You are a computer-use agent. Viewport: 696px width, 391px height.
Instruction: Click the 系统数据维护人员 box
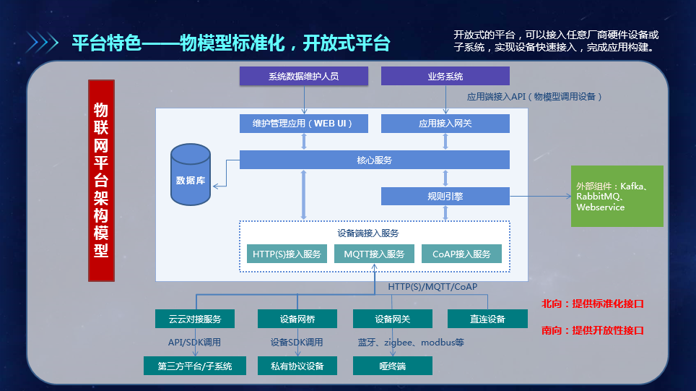pyautogui.click(x=303, y=76)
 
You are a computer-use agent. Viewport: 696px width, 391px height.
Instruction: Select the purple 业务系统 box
pyautogui.click(x=445, y=76)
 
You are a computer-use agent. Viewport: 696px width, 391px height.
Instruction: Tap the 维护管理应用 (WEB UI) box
pyautogui.click(x=303, y=124)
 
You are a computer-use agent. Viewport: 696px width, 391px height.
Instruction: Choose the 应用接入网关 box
pyautogui.click(x=445, y=124)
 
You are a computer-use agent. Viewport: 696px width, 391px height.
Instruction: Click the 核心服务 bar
pyautogui.click(x=374, y=160)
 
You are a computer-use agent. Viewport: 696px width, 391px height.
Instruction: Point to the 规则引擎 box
pyautogui.click(x=445, y=196)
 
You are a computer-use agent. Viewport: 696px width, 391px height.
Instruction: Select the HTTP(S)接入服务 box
pyautogui.click(x=287, y=254)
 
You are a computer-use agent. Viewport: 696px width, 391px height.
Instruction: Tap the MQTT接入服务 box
pyautogui.click(x=374, y=254)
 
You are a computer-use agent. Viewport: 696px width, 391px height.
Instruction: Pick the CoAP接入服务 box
pyautogui.click(x=461, y=254)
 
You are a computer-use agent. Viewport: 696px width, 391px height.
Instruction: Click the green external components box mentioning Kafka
pyautogui.click(x=617, y=196)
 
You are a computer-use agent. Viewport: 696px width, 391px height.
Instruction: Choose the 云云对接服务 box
pyautogui.click(x=194, y=319)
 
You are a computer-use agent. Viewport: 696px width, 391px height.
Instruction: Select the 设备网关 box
pyautogui.click(x=392, y=319)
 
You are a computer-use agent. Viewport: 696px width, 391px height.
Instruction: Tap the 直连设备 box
pyautogui.click(x=487, y=319)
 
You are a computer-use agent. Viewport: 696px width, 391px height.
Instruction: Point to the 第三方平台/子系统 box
pyautogui.click(x=194, y=366)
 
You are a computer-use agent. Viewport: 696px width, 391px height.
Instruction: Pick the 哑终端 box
pyautogui.click(x=392, y=366)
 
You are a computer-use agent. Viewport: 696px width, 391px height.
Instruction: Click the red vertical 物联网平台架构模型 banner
pyautogui.click(x=101, y=180)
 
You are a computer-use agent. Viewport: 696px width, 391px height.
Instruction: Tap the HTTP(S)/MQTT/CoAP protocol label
pyautogui.click(x=432, y=287)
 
